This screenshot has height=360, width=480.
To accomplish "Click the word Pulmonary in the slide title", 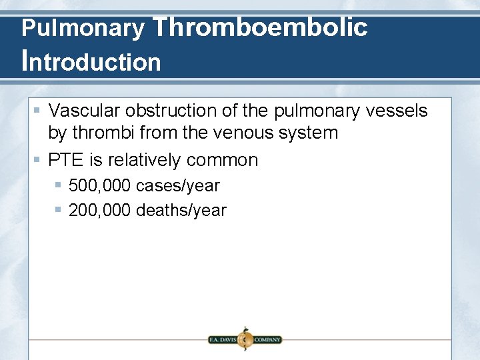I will click(x=83, y=29).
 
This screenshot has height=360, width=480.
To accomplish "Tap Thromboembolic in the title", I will click(x=260, y=27).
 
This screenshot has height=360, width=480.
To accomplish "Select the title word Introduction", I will click(x=91, y=61).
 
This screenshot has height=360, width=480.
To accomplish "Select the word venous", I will click(x=245, y=133).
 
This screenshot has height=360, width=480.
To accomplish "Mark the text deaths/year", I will click(x=181, y=210).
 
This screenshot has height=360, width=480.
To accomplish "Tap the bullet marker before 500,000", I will click(x=59, y=185).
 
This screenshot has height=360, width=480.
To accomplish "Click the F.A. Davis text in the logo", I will click(x=223, y=339).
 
